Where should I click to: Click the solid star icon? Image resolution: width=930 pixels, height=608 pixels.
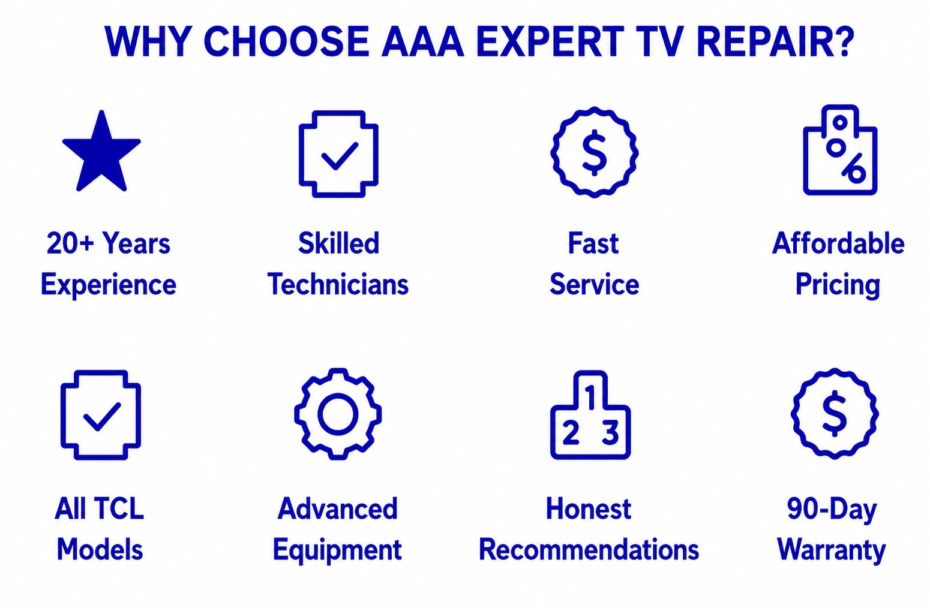tap(101, 153)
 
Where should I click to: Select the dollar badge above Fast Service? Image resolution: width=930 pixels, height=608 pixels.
tap(594, 152)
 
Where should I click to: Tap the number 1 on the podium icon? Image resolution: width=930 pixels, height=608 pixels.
tap(590, 397)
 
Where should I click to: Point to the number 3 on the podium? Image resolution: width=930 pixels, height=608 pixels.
tap(610, 432)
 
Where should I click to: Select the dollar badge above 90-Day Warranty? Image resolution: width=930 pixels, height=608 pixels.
tap(835, 414)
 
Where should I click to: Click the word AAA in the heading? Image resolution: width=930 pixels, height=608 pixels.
tap(422, 41)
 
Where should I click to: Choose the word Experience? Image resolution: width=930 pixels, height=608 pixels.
tap(109, 285)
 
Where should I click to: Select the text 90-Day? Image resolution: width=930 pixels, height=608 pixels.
tap(832, 510)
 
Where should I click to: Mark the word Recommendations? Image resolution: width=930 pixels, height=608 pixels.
tap(589, 549)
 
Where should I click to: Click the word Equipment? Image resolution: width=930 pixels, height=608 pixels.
tap(337, 550)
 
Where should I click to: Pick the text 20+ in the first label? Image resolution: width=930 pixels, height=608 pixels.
tap(71, 243)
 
